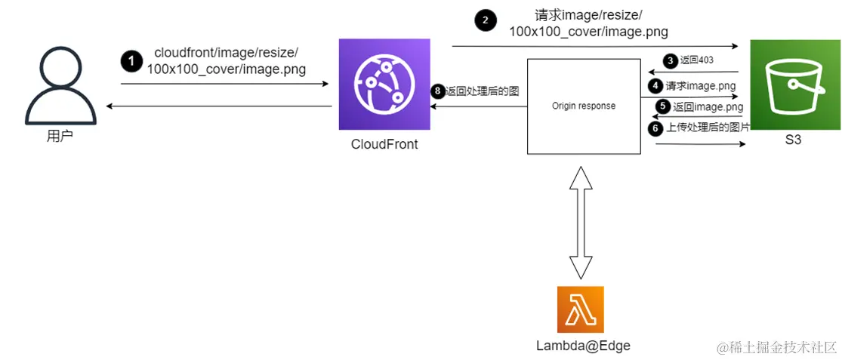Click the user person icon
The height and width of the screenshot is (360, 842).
tap(60, 86)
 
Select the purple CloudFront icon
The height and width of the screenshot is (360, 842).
tap(384, 85)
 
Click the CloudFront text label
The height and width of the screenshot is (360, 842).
tap(384, 144)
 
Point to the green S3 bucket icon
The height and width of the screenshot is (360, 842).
tap(794, 85)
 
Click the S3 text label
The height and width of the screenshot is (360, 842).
tap(793, 140)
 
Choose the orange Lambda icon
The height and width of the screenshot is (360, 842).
tap(581, 309)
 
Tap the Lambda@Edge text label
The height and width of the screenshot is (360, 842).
tap(583, 346)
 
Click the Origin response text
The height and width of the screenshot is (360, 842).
tap(583, 106)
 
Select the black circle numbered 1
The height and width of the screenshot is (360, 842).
tap(131, 61)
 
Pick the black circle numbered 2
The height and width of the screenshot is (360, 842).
tap(486, 20)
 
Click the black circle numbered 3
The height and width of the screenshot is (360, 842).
tap(670, 60)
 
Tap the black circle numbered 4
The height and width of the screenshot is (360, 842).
tap(655, 86)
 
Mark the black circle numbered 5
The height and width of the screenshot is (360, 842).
tap(663, 107)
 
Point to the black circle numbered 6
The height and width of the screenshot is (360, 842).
tap(655, 128)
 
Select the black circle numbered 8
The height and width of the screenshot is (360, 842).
tap(438, 91)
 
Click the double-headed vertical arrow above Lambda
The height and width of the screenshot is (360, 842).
tap(580, 223)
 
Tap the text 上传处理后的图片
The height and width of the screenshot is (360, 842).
tap(708, 128)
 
